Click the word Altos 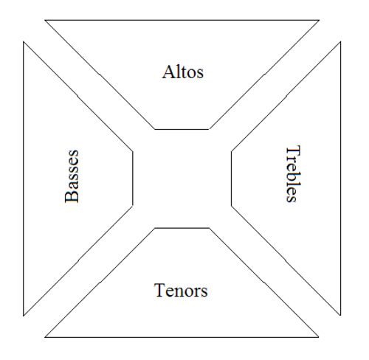tap(183, 72)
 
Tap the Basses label tap(72, 176)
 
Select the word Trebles tap(293, 173)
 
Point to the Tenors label tap(181, 290)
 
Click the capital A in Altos tap(168, 72)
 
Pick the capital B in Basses tap(72, 197)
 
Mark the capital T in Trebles tap(294, 150)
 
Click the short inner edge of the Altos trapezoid tap(182, 129)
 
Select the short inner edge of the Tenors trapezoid tap(182, 228)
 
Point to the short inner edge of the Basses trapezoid tap(133, 179)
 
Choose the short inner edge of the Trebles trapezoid tap(231, 179)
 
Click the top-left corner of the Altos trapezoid tap(45, 20)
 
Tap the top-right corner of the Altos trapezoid tap(319, 20)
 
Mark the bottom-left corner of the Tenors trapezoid tap(45, 337)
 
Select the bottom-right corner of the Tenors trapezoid tap(319, 337)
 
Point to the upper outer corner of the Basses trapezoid tap(24, 42)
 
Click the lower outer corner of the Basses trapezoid tap(24, 316)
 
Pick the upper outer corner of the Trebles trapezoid tap(340, 42)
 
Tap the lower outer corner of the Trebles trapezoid tap(340, 315)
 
